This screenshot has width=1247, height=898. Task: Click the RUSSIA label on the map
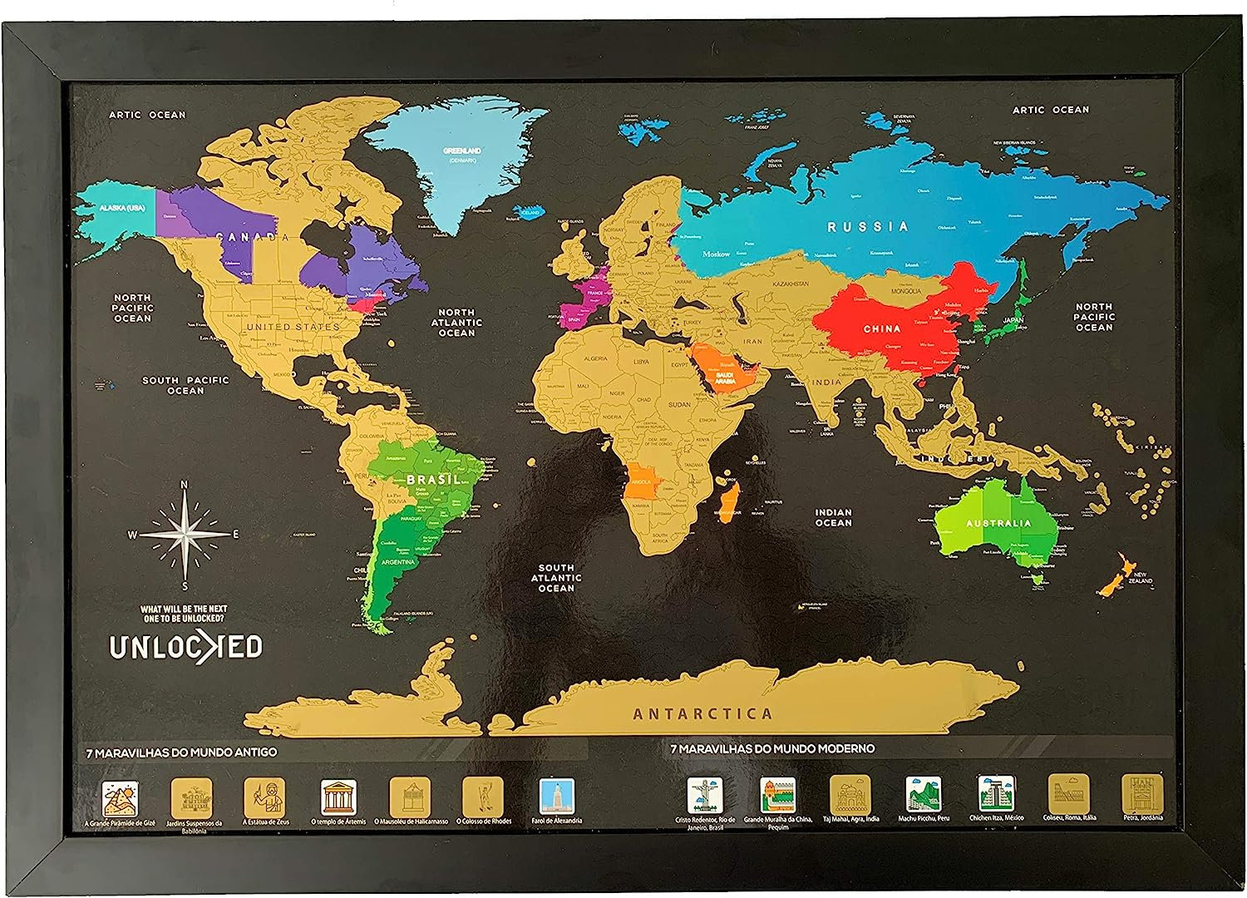pos(867,226)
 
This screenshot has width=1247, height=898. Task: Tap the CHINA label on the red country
pos(882,329)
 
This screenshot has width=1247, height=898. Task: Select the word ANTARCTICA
pos(702,713)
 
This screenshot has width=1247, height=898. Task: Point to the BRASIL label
pos(433,480)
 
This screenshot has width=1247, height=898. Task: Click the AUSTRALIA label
pos(998,524)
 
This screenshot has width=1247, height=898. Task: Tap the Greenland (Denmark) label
pos(462,155)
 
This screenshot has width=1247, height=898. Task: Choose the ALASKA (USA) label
pos(124,208)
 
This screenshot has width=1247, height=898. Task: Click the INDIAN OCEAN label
pos(833,517)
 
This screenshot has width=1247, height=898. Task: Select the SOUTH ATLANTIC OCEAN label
pos(556,578)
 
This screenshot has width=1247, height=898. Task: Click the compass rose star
pos(184,534)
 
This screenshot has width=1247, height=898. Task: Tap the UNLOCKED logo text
pos(186,648)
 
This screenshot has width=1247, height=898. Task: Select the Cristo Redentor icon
pos(704,796)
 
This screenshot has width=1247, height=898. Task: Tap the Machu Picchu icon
pos(923,795)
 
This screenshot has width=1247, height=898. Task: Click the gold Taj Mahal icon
pos(850,795)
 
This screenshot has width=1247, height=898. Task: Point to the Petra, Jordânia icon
pos(1142,794)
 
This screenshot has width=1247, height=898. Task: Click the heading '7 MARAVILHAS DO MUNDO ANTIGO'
pos(181,752)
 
